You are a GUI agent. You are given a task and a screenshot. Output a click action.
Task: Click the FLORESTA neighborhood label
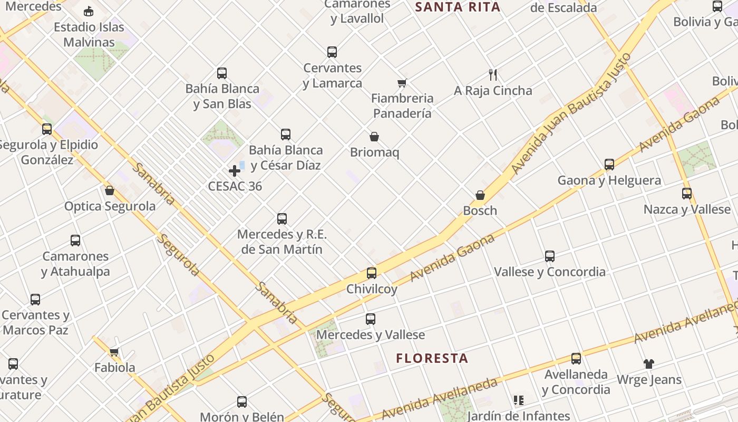click(432, 359)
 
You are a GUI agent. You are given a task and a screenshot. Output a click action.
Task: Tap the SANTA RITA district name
click(458, 7)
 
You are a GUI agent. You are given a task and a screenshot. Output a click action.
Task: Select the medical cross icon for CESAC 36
click(235, 171)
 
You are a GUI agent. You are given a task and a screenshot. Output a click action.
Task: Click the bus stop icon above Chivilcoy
click(372, 273)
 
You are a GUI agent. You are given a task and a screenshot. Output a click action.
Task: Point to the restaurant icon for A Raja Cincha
click(493, 75)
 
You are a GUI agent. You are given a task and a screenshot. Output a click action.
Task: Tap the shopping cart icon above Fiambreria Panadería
click(402, 83)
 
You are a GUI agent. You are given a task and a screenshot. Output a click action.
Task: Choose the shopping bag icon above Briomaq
click(374, 137)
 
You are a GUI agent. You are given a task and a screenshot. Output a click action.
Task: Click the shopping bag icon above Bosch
click(480, 196)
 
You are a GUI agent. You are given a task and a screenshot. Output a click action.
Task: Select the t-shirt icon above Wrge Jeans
click(649, 364)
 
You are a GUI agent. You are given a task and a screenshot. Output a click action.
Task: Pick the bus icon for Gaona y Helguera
click(609, 165)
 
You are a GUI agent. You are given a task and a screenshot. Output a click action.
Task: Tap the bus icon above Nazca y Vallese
click(687, 194)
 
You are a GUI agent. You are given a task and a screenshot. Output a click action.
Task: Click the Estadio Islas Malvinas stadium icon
click(89, 12)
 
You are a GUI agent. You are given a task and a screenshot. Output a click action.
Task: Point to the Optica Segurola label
click(110, 206)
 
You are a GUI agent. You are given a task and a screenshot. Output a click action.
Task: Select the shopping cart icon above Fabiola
click(114, 352)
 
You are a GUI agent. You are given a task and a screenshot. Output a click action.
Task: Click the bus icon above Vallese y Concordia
click(550, 256)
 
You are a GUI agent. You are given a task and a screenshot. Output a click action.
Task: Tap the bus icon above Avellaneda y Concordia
click(576, 359)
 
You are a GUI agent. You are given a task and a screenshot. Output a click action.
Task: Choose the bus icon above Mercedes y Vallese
click(371, 319)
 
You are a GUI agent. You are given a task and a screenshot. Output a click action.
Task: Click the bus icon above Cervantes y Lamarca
click(332, 52)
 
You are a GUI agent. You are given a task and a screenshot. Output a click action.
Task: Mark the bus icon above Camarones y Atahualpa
click(75, 241)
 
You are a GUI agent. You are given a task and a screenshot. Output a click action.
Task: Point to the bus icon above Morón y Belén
click(242, 402)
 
